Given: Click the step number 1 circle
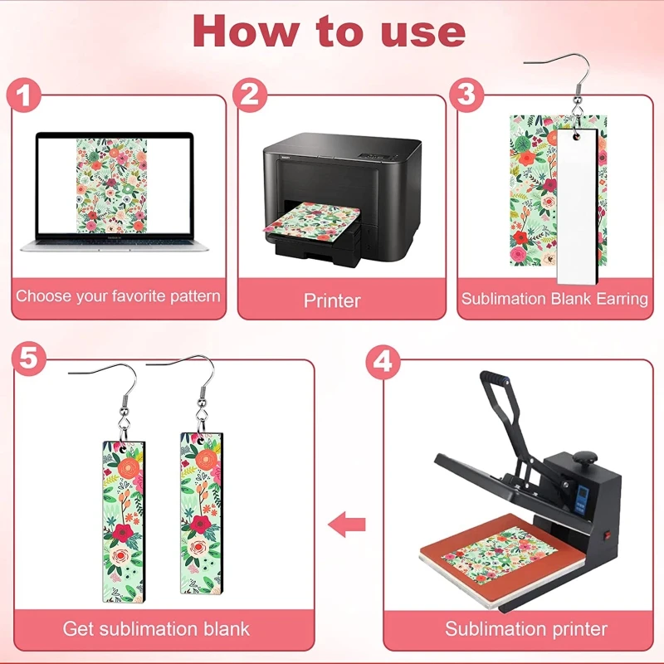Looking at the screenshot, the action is (24, 95).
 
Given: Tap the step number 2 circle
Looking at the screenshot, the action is (250, 95).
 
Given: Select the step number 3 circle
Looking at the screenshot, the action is (466, 95).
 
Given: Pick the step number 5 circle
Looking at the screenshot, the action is (29, 359).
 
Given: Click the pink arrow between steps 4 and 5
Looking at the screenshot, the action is (347, 525).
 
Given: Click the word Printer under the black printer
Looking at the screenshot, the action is (332, 300).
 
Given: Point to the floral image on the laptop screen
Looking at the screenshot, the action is (111, 185).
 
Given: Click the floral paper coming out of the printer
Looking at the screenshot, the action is (312, 221).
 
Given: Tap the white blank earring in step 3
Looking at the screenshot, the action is (577, 206).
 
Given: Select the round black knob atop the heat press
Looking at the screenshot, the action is (585, 457).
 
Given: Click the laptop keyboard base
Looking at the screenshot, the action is (115, 245).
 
